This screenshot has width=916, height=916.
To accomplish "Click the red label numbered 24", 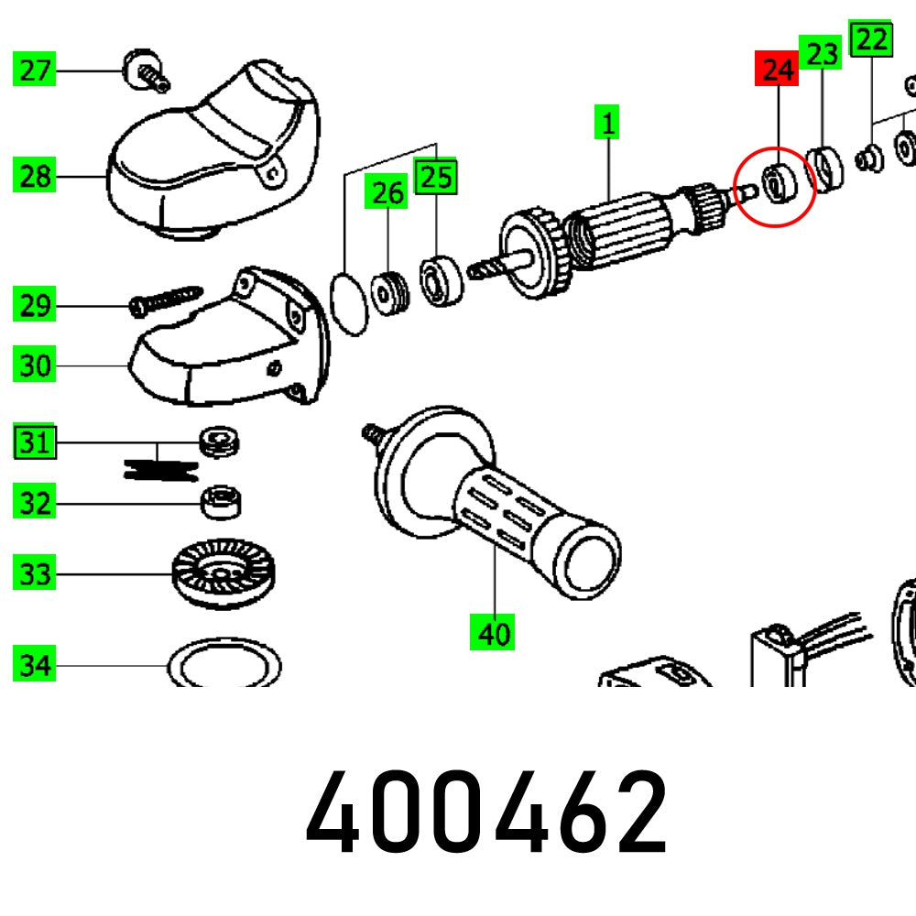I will (776, 70).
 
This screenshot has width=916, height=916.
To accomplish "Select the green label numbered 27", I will (35, 70).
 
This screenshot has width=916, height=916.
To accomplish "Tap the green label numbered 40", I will (492, 633).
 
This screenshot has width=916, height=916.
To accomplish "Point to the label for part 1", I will (607, 122).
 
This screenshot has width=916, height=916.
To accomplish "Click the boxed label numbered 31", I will (35, 443).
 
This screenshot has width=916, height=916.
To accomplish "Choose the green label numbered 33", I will (35, 575).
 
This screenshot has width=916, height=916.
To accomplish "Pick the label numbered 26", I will (387, 193).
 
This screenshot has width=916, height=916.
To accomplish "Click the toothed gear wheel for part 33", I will (223, 573).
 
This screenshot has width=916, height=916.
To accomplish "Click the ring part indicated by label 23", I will (829, 169).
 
